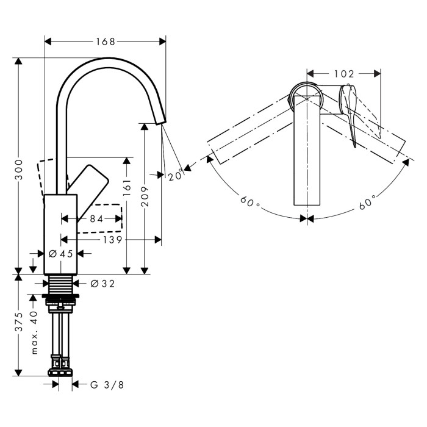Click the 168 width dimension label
tap(106, 41)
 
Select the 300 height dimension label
tap(19, 170)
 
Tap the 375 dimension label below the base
tap(19, 321)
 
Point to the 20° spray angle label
tap(175, 176)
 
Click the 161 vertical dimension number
tap(127, 188)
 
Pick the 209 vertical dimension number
tap(145, 196)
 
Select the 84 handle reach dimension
tap(96, 218)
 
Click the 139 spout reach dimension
tap(112, 240)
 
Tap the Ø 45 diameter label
tap(61, 254)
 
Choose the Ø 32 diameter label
tap(102, 284)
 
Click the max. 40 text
tap(34, 332)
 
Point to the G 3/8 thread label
tap(107, 385)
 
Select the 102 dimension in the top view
tap(344, 74)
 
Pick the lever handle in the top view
tap(348, 115)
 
